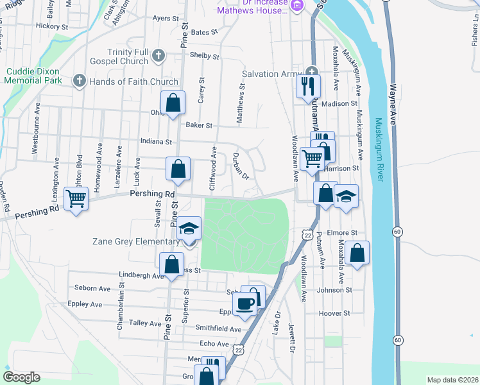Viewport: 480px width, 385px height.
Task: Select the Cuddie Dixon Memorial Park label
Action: pos(33,76)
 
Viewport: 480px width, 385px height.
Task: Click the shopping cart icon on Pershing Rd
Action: pos(76,199)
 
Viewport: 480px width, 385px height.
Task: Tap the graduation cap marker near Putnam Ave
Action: pos(347,196)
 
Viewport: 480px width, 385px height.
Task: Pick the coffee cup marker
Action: pos(244,304)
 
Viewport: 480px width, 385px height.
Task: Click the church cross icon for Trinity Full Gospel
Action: pos(158,56)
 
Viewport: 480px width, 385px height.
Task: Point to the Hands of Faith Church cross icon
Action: pos(79,81)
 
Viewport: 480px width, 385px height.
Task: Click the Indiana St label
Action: pos(157,141)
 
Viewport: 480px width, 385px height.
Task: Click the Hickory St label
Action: pos(53,26)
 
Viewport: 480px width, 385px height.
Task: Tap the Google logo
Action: pos(21,377)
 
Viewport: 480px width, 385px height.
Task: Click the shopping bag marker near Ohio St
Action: pos(173,102)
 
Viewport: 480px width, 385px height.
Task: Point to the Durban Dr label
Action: pos(240,166)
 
